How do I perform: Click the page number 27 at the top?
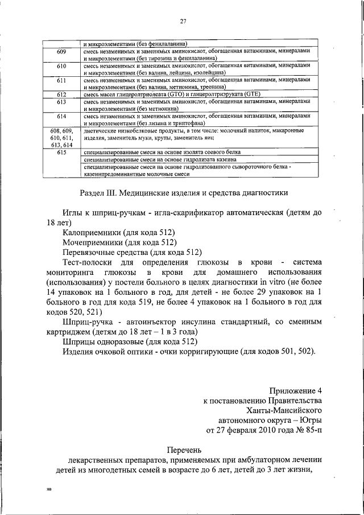pos(183,22)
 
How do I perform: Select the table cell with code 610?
pos(62,67)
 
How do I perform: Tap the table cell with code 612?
pos(62,94)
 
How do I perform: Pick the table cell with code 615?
pos(62,153)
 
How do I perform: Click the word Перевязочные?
pos(93,252)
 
